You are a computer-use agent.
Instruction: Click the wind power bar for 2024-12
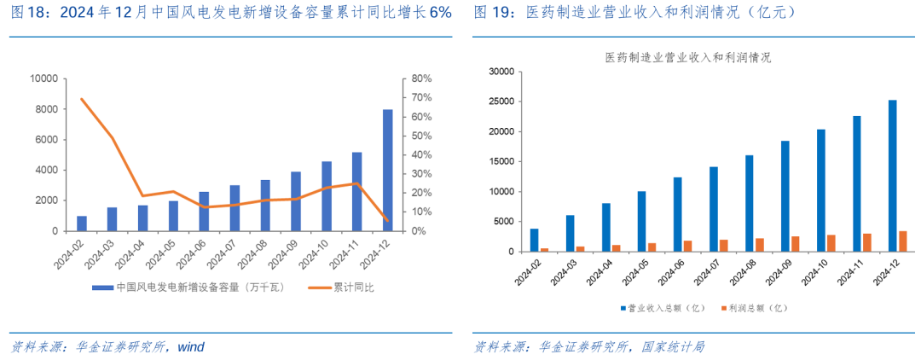coord(387,171)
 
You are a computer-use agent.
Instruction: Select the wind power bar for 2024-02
coord(82,224)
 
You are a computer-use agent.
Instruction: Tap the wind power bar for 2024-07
coord(235,208)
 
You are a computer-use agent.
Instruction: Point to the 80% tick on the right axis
coord(421,78)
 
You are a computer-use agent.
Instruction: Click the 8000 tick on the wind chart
coord(44,109)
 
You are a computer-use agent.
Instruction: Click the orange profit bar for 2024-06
coord(687,246)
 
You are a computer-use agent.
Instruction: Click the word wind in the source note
coord(191,346)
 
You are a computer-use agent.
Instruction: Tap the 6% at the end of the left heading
coord(440,13)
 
